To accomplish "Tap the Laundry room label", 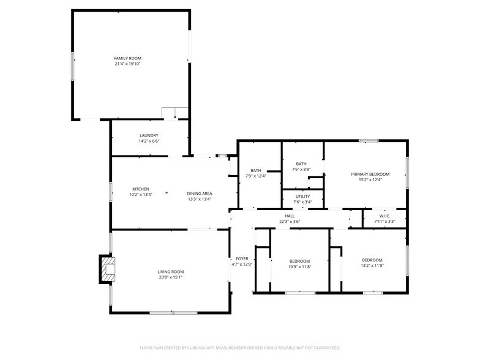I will [149, 135].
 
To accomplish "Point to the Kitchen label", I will [140, 189].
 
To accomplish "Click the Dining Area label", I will [199, 193].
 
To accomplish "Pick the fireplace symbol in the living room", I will [108, 269].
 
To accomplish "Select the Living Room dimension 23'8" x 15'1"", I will [170, 277].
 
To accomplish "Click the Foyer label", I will [241, 259].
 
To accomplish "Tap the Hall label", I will [290, 216].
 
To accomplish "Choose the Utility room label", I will [302, 197].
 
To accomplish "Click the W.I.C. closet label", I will [384, 216].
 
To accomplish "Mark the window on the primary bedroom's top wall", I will [368, 141].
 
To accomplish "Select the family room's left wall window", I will [73, 64].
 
